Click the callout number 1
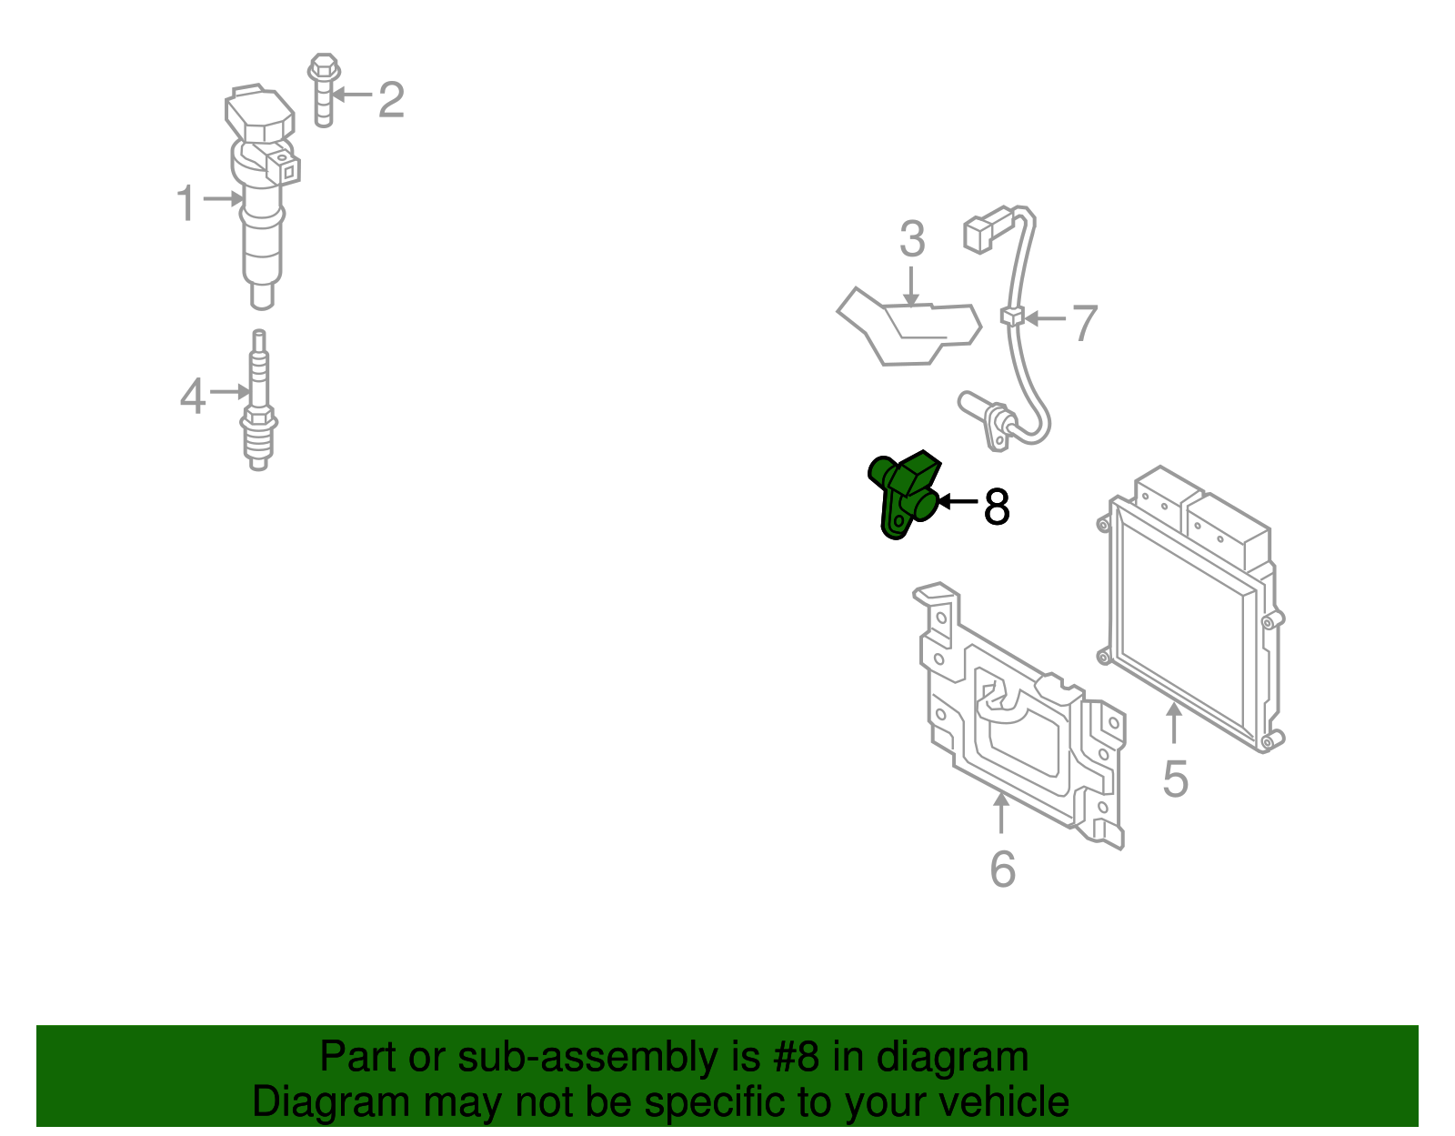tap(186, 203)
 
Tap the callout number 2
tap(392, 100)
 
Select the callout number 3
tap(912, 239)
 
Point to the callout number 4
tap(193, 396)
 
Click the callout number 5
tap(1176, 779)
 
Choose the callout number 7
tap(1086, 323)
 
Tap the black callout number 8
tap(997, 507)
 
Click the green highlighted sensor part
tap(904, 494)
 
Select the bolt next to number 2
tap(324, 90)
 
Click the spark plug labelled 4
tap(259, 399)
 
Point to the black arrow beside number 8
tap(958, 501)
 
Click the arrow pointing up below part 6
tap(1001, 812)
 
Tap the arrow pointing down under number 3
tap(910, 287)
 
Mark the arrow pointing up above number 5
tap(1174, 723)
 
